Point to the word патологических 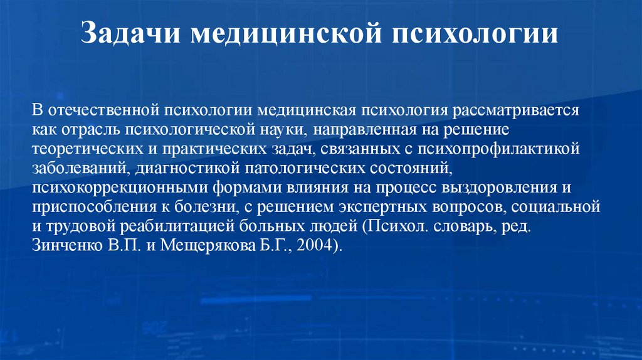pyautogui.click(x=279, y=168)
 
